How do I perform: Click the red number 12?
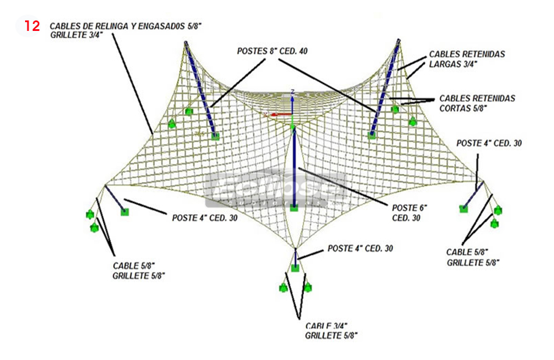click(x=32, y=26)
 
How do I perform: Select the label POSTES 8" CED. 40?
click(x=272, y=51)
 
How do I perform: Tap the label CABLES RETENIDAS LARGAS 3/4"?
click(x=467, y=59)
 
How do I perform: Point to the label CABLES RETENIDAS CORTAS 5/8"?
click(x=477, y=103)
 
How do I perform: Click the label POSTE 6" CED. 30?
click(x=409, y=212)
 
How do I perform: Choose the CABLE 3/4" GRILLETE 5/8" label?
click(x=331, y=331)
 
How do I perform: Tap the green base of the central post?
click(x=294, y=207)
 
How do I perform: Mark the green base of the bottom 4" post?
click(x=295, y=268)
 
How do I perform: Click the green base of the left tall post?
click(x=215, y=136)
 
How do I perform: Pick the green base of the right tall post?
click(x=372, y=135)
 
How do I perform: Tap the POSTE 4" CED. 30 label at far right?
click(x=489, y=143)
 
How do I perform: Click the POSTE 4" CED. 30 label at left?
click(x=205, y=218)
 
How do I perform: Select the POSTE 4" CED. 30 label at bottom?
click(x=360, y=249)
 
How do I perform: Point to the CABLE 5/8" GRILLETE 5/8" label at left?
click(x=139, y=270)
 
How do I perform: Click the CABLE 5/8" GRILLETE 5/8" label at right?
click(x=473, y=257)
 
